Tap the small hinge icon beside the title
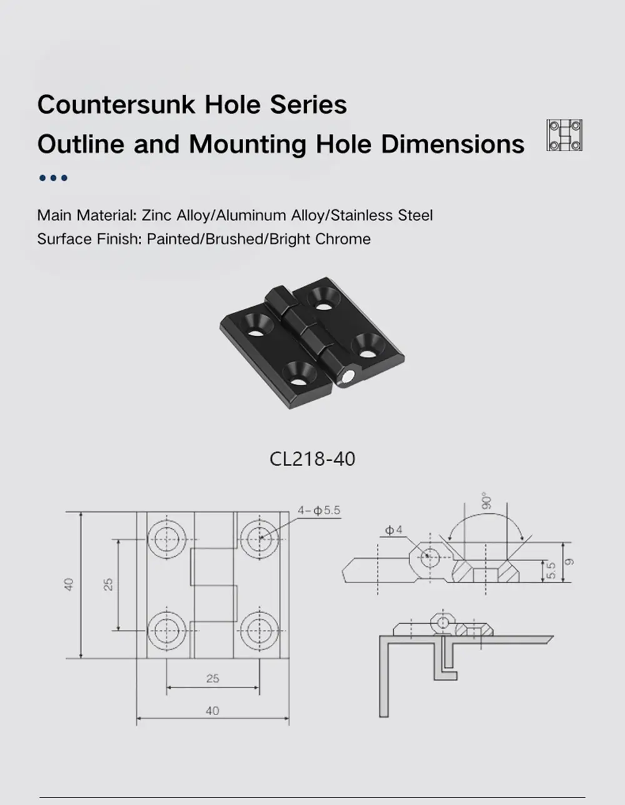(x=564, y=135)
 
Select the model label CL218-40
(x=312, y=459)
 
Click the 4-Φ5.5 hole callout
(x=319, y=511)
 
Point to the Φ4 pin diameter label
(x=394, y=531)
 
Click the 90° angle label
(x=487, y=500)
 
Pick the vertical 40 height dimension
(x=69, y=584)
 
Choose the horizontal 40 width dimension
(x=212, y=711)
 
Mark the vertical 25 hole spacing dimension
(x=109, y=584)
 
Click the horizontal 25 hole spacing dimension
(x=212, y=678)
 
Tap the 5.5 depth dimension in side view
(x=551, y=570)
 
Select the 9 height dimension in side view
(x=568, y=562)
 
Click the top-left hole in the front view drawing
(x=166, y=539)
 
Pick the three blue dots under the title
(x=53, y=178)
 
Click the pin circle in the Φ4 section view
(x=430, y=556)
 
